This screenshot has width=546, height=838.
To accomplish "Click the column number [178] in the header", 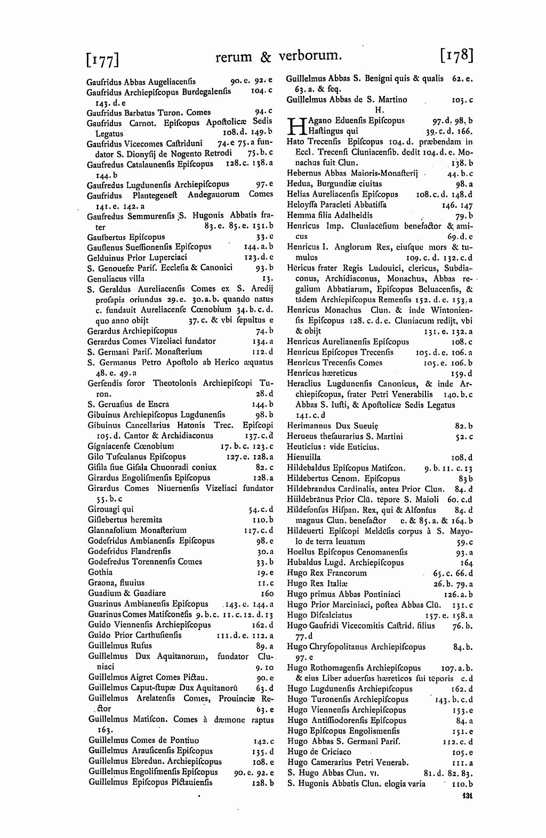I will [457, 55].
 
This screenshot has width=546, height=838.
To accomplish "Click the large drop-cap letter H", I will [294, 126].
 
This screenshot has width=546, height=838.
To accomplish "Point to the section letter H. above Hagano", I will [380, 110].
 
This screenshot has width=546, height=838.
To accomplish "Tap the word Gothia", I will [100, 572].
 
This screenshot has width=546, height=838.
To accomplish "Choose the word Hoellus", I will [301, 552].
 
